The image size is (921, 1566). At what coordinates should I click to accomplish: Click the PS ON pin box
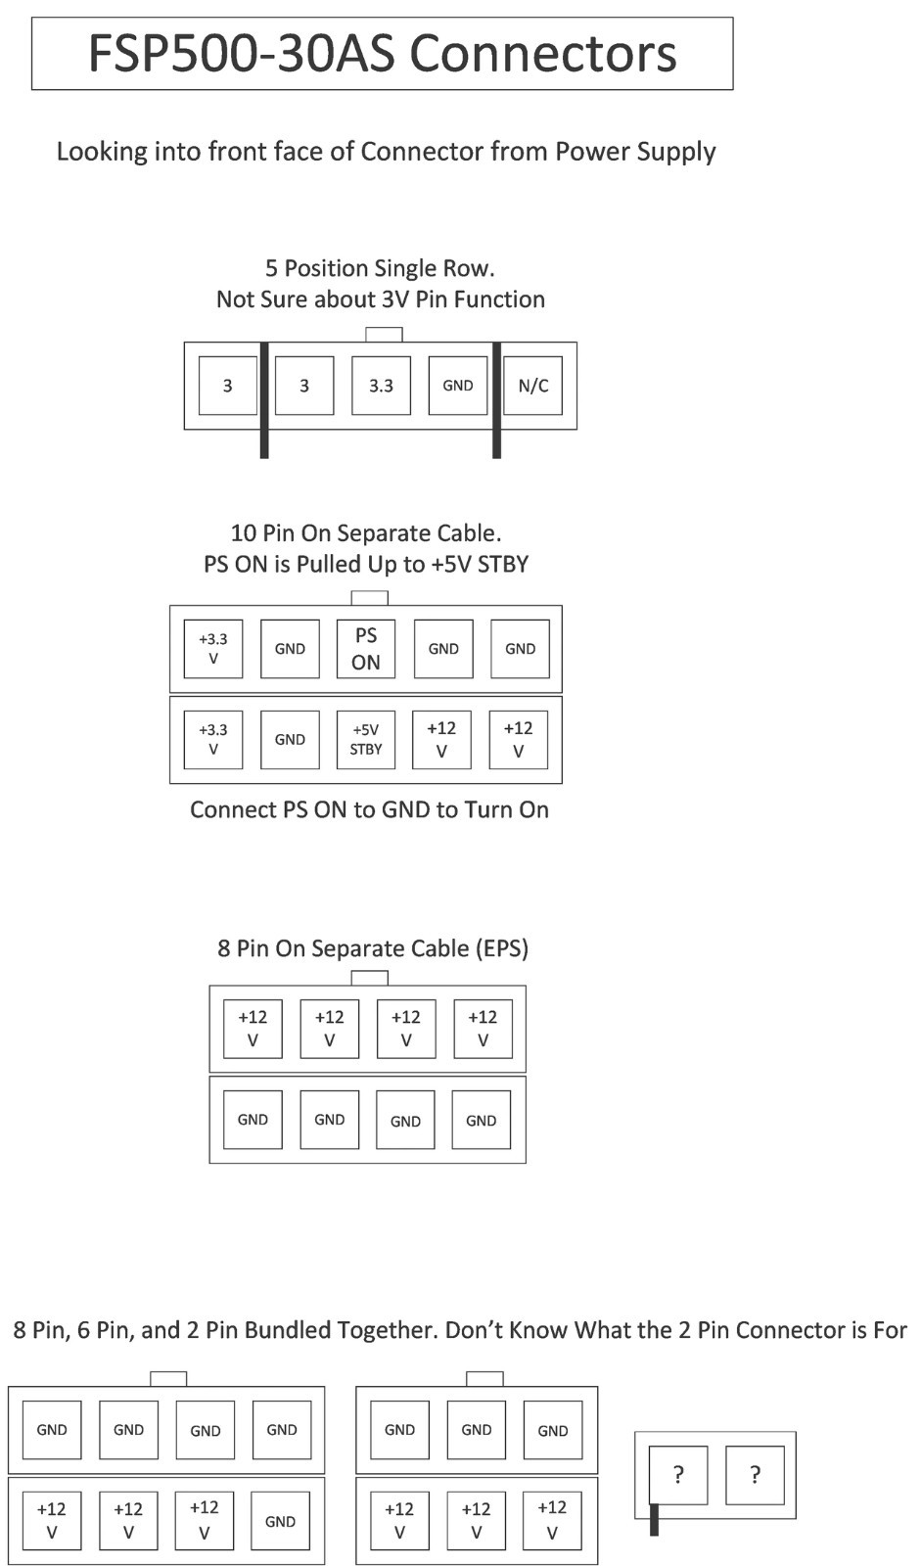[x=366, y=649]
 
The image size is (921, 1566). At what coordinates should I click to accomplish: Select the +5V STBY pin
[x=366, y=740]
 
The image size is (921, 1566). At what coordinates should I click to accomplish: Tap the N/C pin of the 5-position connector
[x=532, y=386]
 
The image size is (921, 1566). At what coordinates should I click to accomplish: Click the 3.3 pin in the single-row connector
[x=381, y=386]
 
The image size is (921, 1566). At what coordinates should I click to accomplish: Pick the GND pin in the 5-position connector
[x=458, y=386]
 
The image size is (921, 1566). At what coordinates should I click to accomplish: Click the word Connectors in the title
[x=542, y=54]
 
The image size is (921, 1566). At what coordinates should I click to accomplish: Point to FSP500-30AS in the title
[x=242, y=54]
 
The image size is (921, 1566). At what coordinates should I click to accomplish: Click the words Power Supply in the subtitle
[x=635, y=152]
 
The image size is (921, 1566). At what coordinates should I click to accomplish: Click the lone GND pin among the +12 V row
[x=281, y=1521]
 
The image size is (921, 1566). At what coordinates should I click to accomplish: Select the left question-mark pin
[x=678, y=1475]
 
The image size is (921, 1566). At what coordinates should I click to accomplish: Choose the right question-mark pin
[x=756, y=1475]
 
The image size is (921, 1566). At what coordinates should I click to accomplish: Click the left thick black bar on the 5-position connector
[x=264, y=400]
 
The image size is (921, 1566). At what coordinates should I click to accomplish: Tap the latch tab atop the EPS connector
[x=369, y=978]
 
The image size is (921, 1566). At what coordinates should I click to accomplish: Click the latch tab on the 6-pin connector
[x=484, y=1379]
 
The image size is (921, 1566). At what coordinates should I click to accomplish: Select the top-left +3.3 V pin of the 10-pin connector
[x=213, y=649]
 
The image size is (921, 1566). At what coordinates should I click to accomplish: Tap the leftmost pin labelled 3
[x=228, y=386]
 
